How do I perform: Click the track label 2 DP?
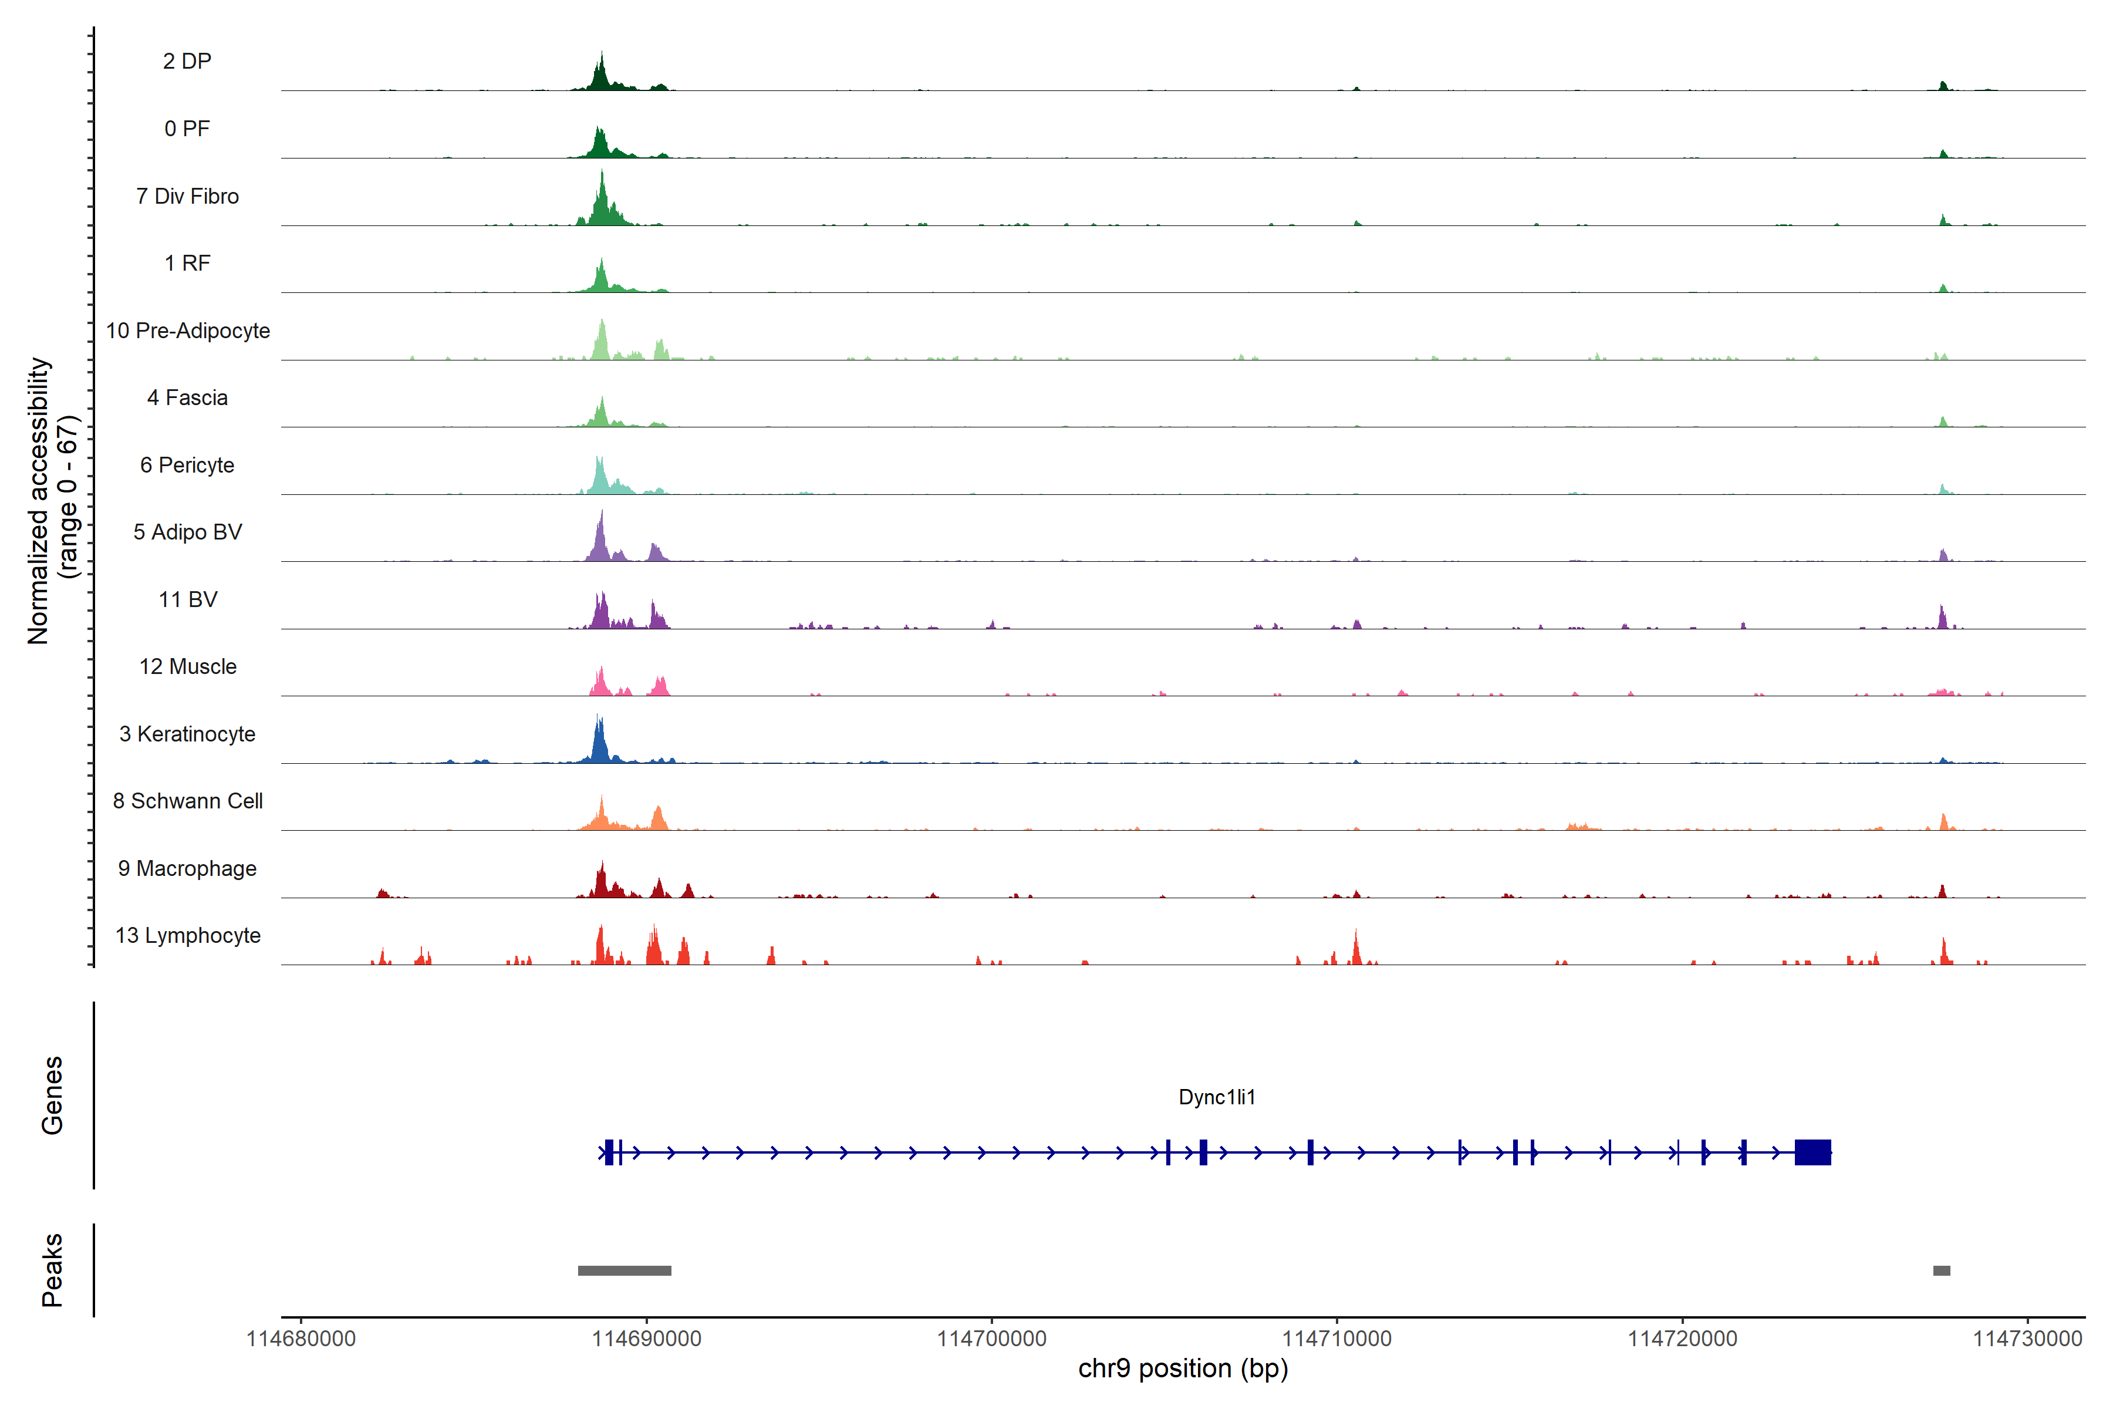(x=187, y=61)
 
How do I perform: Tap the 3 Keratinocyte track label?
(x=187, y=734)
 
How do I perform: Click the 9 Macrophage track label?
(x=187, y=868)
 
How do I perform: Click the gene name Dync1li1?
(x=1216, y=1097)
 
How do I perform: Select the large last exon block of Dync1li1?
(x=1812, y=1152)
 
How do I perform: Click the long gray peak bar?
(x=625, y=1270)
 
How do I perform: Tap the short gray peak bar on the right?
(x=1942, y=1270)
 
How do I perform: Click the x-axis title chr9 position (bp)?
(x=1182, y=1368)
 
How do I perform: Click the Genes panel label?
(x=52, y=1095)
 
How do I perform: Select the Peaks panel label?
(x=52, y=1270)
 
